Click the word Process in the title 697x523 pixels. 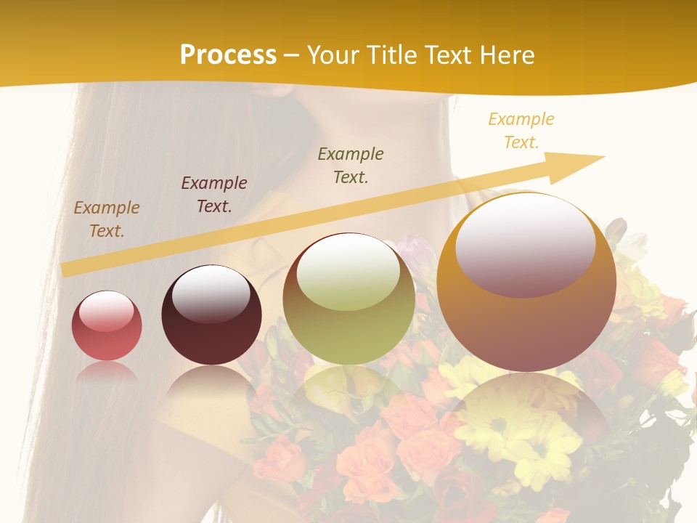(x=228, y=55)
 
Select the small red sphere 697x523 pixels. (x=107, y=326)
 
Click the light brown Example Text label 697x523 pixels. (x=107, y=219)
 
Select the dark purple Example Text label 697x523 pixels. (x=214, y=194)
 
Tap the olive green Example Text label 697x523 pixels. (x=351, y=165)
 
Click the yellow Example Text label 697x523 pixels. (x=521, y=130)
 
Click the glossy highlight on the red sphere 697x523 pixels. (x=106, y=311)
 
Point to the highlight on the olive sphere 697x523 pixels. (x=348, y=275)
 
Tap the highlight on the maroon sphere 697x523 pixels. (x=211, y=292)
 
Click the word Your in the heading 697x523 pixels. (x=333, y=55)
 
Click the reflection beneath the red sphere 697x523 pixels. (x=107, y=374)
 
